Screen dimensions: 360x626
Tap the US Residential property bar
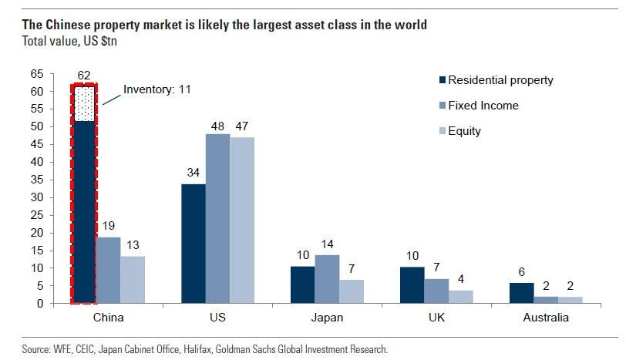pyautogui.click(x=194, y=244)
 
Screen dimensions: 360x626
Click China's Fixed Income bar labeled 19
pyautogui.click(x=108, y=270)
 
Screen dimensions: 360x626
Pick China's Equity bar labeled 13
pyautogui.click(x=132, y=280)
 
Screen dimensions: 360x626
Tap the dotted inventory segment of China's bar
pyautogui.click(x=84, y=103)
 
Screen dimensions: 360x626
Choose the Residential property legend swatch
pyautogui.click(x=442, y=80)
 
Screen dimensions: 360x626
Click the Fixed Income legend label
pyautogui.click(x=483, y=106)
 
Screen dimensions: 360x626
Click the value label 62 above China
pyautogui.click(x=84, y=75)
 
